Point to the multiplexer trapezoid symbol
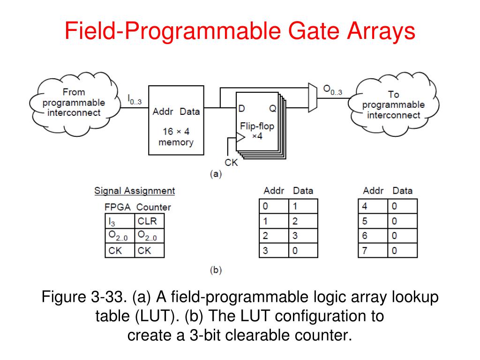coord(312,98)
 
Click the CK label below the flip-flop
coord(232,163)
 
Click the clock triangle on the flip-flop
coord(240,137)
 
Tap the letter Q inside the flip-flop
coord(272,109)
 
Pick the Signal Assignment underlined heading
coord(135,191)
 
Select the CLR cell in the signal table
coord(150,220)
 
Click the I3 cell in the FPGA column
coord(119,220)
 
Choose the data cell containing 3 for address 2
coord(303,235)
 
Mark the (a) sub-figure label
coord(215,173)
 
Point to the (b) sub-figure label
coord(215,270)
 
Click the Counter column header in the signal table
coord(154,207)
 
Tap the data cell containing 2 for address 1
coord(303,221)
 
